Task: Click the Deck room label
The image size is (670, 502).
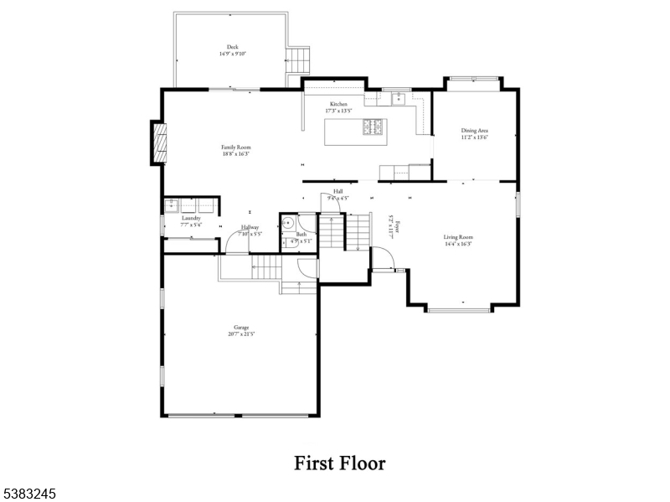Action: click(x=232, y=47)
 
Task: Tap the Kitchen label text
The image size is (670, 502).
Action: click(x=338, y=104)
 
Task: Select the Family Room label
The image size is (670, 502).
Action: click(x=237, y=147)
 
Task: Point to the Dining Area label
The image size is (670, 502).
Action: click(x=474, y=131)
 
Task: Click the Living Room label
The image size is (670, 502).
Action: click(x=459, y=237)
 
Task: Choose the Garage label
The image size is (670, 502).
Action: click(x=241, y=327)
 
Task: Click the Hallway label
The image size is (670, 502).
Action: click(x=250, y=227)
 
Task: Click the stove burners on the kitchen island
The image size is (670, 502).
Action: click(x=373, y=127)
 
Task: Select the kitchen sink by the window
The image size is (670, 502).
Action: click(x=399, y=98)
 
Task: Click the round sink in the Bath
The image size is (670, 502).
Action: click(x=287, y=223)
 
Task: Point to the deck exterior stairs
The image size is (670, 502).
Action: click(x=298, y=59)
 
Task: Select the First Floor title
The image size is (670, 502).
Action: click(x=339, y=463)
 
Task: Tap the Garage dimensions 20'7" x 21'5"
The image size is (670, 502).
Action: click(x=241, y=334)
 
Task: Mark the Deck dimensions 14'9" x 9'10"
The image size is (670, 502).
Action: click(x=232, y=54)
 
